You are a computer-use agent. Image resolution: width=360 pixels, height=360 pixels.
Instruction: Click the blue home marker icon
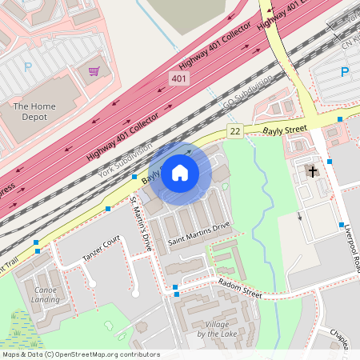pyautogui.click(x=180, y=172)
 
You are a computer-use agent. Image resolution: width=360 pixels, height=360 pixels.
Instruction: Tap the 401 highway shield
pyautogui.click(x=179, y=78)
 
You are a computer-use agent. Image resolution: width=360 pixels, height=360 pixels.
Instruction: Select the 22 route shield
pyautogui.click(x=234, y=130)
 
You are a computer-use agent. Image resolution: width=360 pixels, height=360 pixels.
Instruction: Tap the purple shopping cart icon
pyautogui.click(x=94, y=71)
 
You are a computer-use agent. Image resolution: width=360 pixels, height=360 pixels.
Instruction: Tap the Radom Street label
pyautogui.click(x=240, y=288)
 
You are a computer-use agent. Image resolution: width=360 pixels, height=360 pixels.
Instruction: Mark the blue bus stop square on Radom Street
pyautogui.click(x=175, y=287)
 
